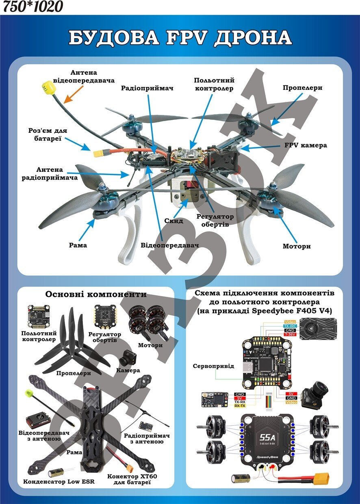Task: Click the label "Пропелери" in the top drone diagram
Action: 302,88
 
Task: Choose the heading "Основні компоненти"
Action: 96,294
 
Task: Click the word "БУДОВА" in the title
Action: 113,38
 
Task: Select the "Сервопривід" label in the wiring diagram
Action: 213,366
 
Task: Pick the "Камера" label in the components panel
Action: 128,370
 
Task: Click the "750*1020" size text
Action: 33,6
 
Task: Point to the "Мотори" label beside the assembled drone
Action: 297,246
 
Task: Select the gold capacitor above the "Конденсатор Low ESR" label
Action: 56,472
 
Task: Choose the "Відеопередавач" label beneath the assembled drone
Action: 170,246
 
